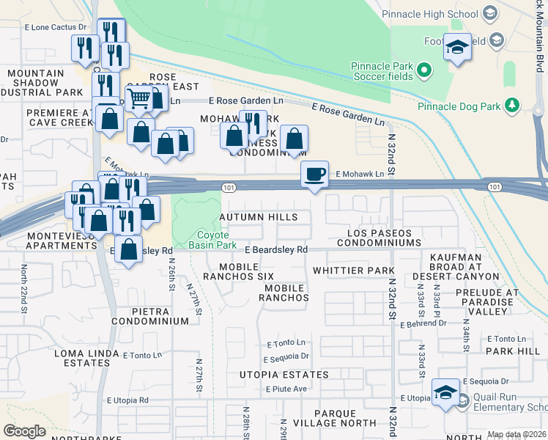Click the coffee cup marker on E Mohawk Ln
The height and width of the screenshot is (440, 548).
[x=315, y=175]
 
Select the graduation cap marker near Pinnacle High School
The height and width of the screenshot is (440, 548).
[x=458, y=47]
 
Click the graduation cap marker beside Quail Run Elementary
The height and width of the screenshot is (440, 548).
[x=445, y=392]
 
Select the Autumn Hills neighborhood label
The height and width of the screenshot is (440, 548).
[x=259, y=217]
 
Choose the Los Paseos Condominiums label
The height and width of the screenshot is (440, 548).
[x=379, y=238]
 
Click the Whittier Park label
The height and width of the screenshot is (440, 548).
[x=354, y=271]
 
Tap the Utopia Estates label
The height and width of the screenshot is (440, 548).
[x=284, y=375]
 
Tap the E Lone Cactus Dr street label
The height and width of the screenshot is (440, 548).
[x=56, y=26]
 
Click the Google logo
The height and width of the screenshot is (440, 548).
[x=24, y=431]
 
